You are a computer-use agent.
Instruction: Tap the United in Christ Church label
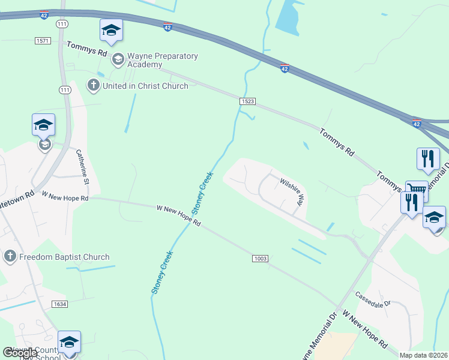point(145,86)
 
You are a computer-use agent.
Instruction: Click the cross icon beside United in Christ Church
point(93,86)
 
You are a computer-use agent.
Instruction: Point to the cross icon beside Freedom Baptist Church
point(10,257)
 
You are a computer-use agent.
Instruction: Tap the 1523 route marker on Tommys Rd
point(247,102)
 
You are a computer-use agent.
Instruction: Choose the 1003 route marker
point(260,258)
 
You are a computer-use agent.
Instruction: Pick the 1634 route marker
point(59,304)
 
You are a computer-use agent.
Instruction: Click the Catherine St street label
point(83,167)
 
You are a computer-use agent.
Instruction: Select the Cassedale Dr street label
point(372,299)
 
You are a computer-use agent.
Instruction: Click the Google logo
point(20,353)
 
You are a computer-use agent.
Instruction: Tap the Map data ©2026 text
point(423,355)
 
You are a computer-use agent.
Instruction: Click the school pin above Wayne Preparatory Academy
point(111,31)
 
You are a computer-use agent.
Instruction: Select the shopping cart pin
point(417,190)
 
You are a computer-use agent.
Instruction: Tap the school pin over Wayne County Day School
point(69,343)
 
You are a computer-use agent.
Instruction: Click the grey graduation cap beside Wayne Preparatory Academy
point(118,58)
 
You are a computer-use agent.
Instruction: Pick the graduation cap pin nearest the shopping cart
point(434,218)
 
